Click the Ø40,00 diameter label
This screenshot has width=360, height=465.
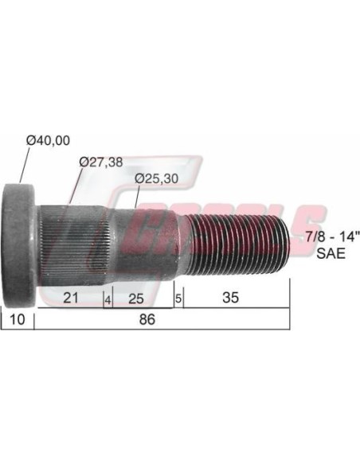tap(48, 140)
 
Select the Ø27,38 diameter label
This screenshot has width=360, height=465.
tap(101, 162)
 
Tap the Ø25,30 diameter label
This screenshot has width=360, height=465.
tap(156, 178)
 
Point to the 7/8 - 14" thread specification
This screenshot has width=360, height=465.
tap(331, 237)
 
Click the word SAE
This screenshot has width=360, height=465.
tap(331, 253)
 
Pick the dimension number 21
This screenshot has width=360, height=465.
tap(71, 298)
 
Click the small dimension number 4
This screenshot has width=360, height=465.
tap(108, 300)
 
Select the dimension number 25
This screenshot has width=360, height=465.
tap(136, 299)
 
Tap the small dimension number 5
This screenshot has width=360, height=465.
tap(178, 299)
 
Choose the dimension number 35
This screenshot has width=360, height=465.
tap(230, 298)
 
